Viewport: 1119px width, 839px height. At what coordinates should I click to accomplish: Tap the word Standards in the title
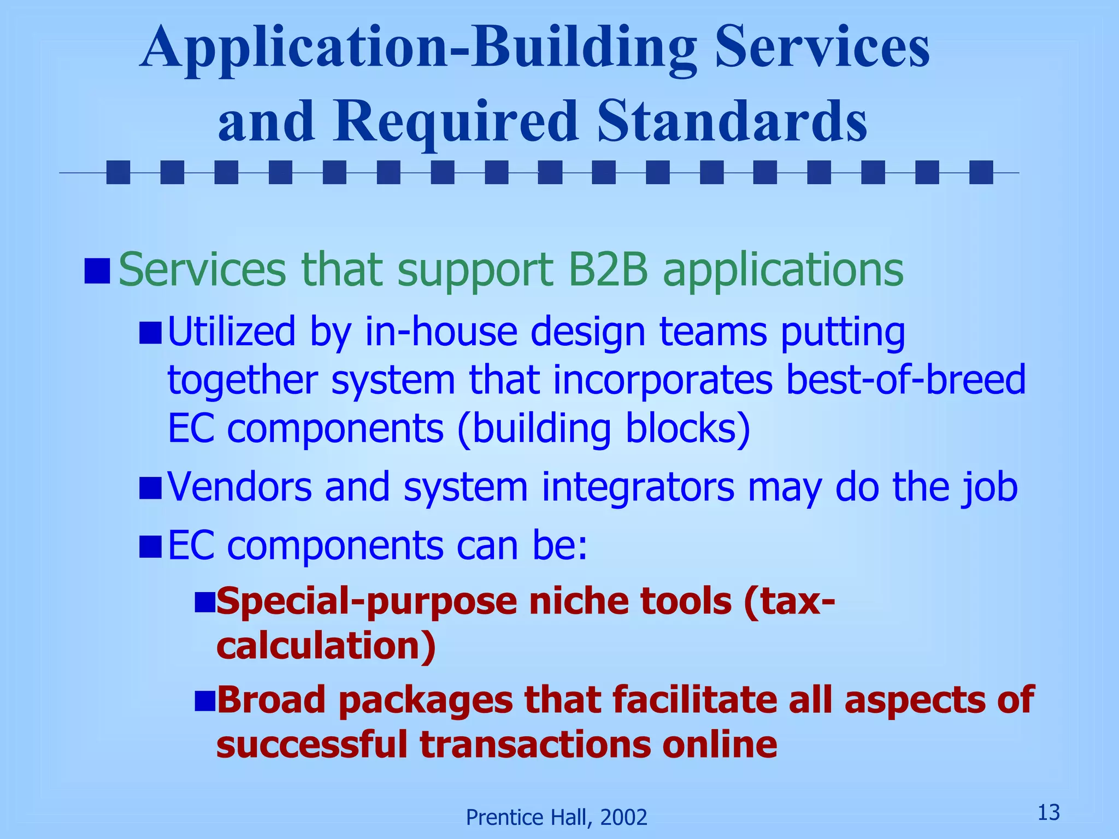click(732, 121)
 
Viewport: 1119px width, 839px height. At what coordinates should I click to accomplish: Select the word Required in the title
click(456, 121)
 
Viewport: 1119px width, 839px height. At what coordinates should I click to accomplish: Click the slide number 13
click(1049, 813)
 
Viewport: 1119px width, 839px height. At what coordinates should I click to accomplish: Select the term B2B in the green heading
click(608, 269)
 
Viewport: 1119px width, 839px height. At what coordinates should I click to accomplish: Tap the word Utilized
click(231, 332)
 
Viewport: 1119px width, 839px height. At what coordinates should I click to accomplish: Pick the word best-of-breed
click(906, 380)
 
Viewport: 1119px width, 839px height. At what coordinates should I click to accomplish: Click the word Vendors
click(239, 486)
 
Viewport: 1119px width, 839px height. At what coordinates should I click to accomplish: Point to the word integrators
click(638, 486)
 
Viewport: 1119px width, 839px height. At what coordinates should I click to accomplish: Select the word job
click(990, 487)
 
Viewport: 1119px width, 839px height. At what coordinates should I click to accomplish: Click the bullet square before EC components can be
click(150, 547)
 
